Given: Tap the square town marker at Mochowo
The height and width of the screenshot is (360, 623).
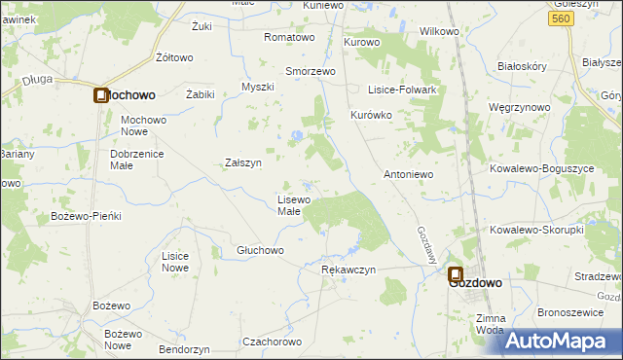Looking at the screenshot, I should [101, 95].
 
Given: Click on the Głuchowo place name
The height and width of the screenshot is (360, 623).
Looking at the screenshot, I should [260, 250].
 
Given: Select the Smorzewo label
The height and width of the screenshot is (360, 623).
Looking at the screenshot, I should [310, 71].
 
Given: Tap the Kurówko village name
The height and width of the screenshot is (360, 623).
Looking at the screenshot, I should [370, 115].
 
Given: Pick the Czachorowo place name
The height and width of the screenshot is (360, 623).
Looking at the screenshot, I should [275, 342].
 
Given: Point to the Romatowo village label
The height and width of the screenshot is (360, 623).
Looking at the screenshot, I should [290, 37].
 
